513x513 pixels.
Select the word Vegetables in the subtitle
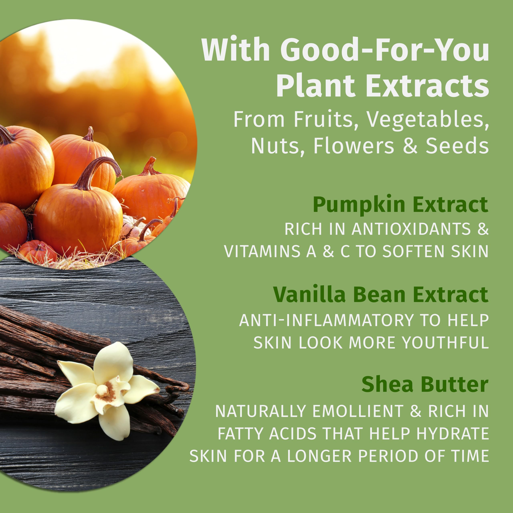427,119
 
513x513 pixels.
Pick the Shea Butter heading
425,384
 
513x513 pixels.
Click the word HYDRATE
452,434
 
